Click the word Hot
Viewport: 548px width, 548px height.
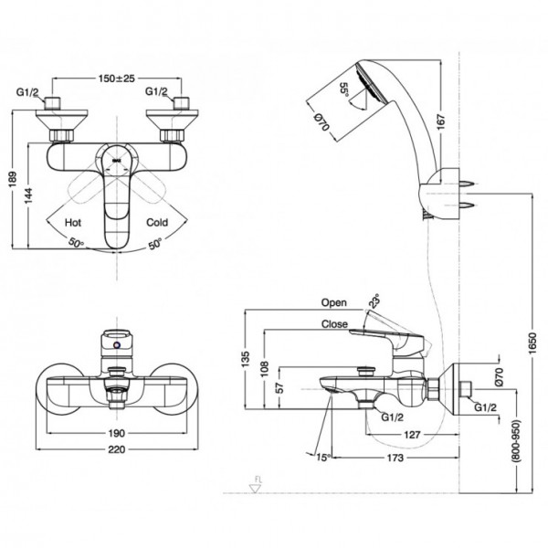(73, 222)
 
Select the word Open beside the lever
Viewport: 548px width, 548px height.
(334, 302)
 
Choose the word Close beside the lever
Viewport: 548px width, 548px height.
(333, 322)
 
